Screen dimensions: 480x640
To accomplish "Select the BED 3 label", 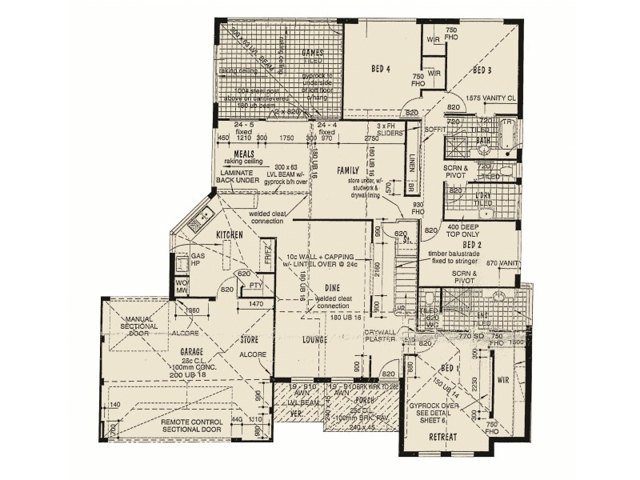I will [482, 70].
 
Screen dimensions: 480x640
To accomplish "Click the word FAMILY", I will [348, 170].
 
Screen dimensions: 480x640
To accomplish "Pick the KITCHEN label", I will [229, 234].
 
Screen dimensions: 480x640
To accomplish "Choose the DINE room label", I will [334, 286].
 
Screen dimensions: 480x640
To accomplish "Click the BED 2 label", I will [472, 244].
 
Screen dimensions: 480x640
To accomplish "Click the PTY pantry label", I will [256, 285].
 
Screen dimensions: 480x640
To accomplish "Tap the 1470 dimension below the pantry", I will [255, 305].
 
